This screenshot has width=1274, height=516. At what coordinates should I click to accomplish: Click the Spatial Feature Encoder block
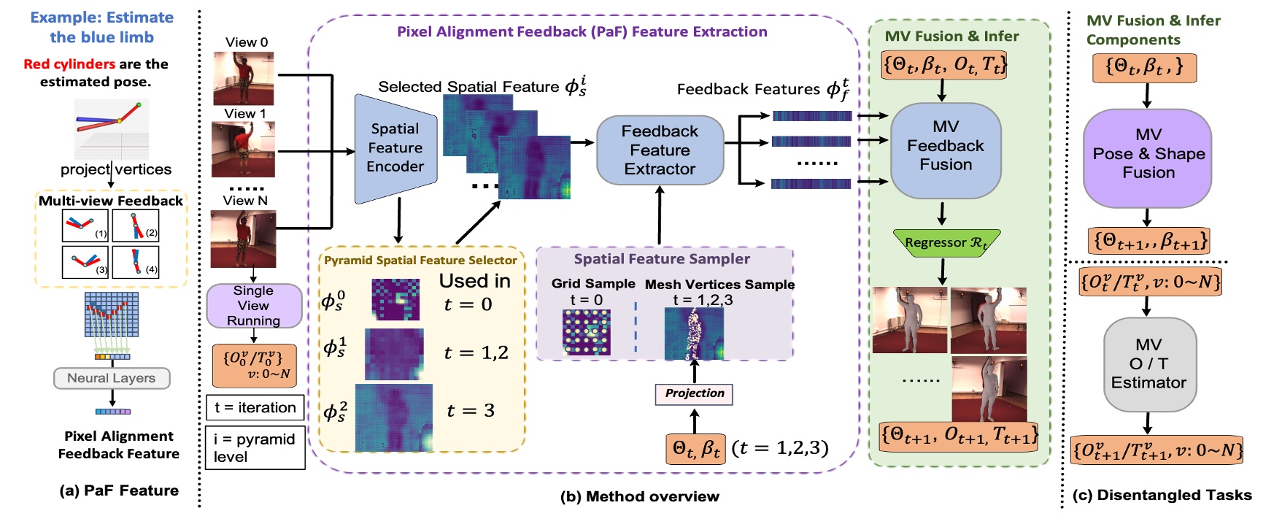pos(395,148)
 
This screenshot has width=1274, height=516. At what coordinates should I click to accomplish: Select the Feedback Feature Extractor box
pos(660,150)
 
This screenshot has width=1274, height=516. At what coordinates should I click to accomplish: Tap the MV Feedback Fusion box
pos(946,147)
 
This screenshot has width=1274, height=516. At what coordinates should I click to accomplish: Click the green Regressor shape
pos(946,243)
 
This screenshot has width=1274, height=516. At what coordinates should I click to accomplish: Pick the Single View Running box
pos(253,306)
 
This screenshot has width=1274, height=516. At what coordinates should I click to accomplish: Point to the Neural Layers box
pos(112,378)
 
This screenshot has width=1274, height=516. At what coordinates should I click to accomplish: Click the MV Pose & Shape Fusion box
pos(1147,155)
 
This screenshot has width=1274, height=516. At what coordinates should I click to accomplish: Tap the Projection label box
pos(694,393)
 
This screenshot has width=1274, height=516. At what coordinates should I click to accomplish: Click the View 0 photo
pos(243,79)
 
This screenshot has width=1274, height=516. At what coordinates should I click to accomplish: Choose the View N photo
pos(243,239)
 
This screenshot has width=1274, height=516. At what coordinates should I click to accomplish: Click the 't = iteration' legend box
pos(255,408)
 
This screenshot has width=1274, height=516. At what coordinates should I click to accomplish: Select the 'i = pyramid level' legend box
pos(255,448)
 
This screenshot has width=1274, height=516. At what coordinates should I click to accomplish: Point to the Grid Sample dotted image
pos(586,333)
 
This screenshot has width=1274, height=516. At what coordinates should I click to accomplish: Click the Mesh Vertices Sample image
pos(693,334)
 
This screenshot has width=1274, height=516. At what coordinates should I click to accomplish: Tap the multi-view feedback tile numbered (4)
pos(135,262)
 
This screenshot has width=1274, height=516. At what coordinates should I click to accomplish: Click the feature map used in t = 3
pos(393,417)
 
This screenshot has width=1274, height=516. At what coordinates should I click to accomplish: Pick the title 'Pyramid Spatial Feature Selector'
pos(420,261)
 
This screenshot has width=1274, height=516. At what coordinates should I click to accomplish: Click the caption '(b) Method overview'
pos(639,496)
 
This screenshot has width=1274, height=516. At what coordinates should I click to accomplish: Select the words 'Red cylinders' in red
pos(69,64)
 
